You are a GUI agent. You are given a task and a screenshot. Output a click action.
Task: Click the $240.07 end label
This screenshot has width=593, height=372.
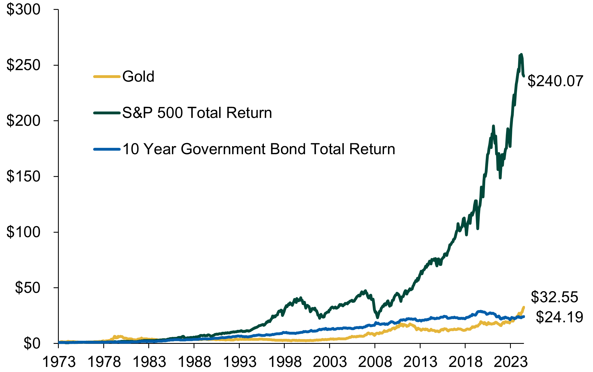click(x=555, y=81)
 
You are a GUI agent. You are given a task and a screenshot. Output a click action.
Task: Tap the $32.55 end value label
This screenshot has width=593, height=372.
click(x=554, y=297)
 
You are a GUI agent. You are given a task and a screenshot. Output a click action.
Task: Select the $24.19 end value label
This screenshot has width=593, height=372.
click(x=559, y=317)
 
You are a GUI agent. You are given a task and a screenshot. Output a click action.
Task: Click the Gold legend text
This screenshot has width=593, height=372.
click(x=138, y=76)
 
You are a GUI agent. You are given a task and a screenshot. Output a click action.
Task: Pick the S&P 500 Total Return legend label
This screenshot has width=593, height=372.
click(x=197, y=113)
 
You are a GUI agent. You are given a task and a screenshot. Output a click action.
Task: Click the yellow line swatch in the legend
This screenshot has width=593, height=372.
click(x=107, y=77)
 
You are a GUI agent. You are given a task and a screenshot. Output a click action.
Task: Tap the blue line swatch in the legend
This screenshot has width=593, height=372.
click(x=107, y=149)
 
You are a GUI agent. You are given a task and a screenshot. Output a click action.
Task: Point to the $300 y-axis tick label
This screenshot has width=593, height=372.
click(x=24, y=10)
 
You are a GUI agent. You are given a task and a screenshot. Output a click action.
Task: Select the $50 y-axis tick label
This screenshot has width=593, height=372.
click(x=28, y=288)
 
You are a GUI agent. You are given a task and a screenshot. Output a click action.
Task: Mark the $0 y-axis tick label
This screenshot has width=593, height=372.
click(x=32, y=343)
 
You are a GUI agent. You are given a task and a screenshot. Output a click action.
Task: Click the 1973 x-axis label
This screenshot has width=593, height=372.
click(x=59, y=362)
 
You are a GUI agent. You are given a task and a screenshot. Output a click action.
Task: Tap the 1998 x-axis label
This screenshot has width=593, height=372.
click(x=285, y=362)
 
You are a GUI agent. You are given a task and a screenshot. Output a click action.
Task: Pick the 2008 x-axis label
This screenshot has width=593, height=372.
click(x=375, y=362)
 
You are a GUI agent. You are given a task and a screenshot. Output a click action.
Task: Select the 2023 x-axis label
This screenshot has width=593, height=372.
click(x=511, y=362)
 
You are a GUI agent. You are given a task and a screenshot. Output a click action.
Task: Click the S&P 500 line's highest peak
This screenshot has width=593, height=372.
click(x=521, y=54)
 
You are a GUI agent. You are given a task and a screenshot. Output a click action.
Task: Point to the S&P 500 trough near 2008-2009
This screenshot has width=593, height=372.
click(x=378, y=317)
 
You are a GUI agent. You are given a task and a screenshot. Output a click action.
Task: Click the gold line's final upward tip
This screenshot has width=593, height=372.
click(x=524, y=307)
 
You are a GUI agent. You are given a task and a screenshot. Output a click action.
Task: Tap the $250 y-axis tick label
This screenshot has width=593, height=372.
click(x=24, y=65)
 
